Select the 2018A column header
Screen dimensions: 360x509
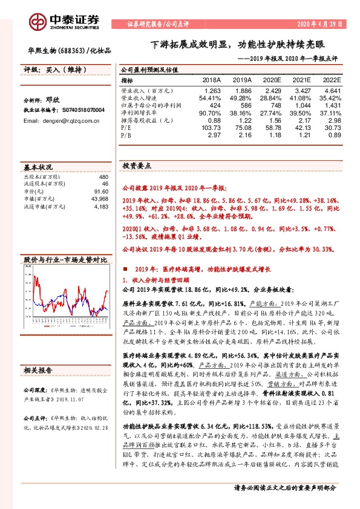coord(211,79)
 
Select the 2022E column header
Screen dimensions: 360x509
coord(332,79)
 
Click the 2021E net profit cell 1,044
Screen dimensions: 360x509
coord(303,105)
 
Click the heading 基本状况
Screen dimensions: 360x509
coord(38,166)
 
